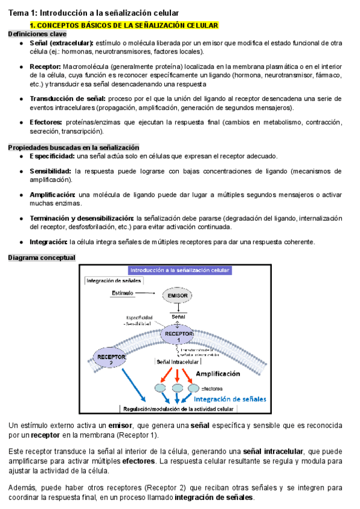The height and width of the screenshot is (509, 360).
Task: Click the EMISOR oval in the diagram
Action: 178,296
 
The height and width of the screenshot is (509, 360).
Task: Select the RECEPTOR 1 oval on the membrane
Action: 178,336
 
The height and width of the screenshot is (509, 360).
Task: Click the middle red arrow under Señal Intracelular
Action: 178,376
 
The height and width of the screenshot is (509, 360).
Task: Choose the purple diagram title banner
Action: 179,271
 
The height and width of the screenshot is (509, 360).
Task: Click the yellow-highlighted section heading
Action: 124,25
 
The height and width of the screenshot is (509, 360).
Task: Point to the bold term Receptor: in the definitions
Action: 46,65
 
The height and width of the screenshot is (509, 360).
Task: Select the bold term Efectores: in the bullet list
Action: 46,122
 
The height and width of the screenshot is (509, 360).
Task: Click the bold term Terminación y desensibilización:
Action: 82,218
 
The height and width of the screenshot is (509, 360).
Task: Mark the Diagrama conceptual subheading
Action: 41,258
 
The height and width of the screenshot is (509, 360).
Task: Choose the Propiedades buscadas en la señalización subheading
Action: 73,148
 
